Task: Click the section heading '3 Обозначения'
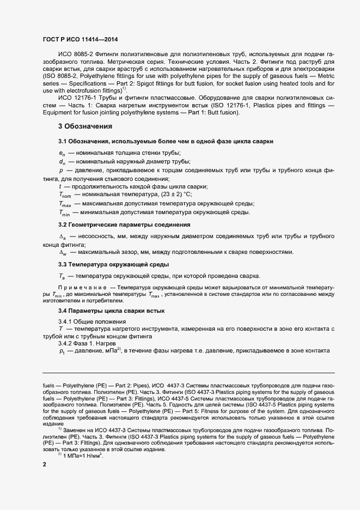pos(86,127)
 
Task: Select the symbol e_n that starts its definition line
pos(62,152)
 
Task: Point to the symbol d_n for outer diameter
pos(62,161)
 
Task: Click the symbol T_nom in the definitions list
pos(64,195)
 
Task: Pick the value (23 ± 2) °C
pos(174,195)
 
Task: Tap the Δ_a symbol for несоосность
pos(62,237)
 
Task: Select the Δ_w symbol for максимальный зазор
pos(62,252)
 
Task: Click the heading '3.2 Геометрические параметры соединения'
pos(124,224)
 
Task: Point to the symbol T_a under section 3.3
pos(62,275)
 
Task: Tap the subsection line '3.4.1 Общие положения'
pos(90,322)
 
